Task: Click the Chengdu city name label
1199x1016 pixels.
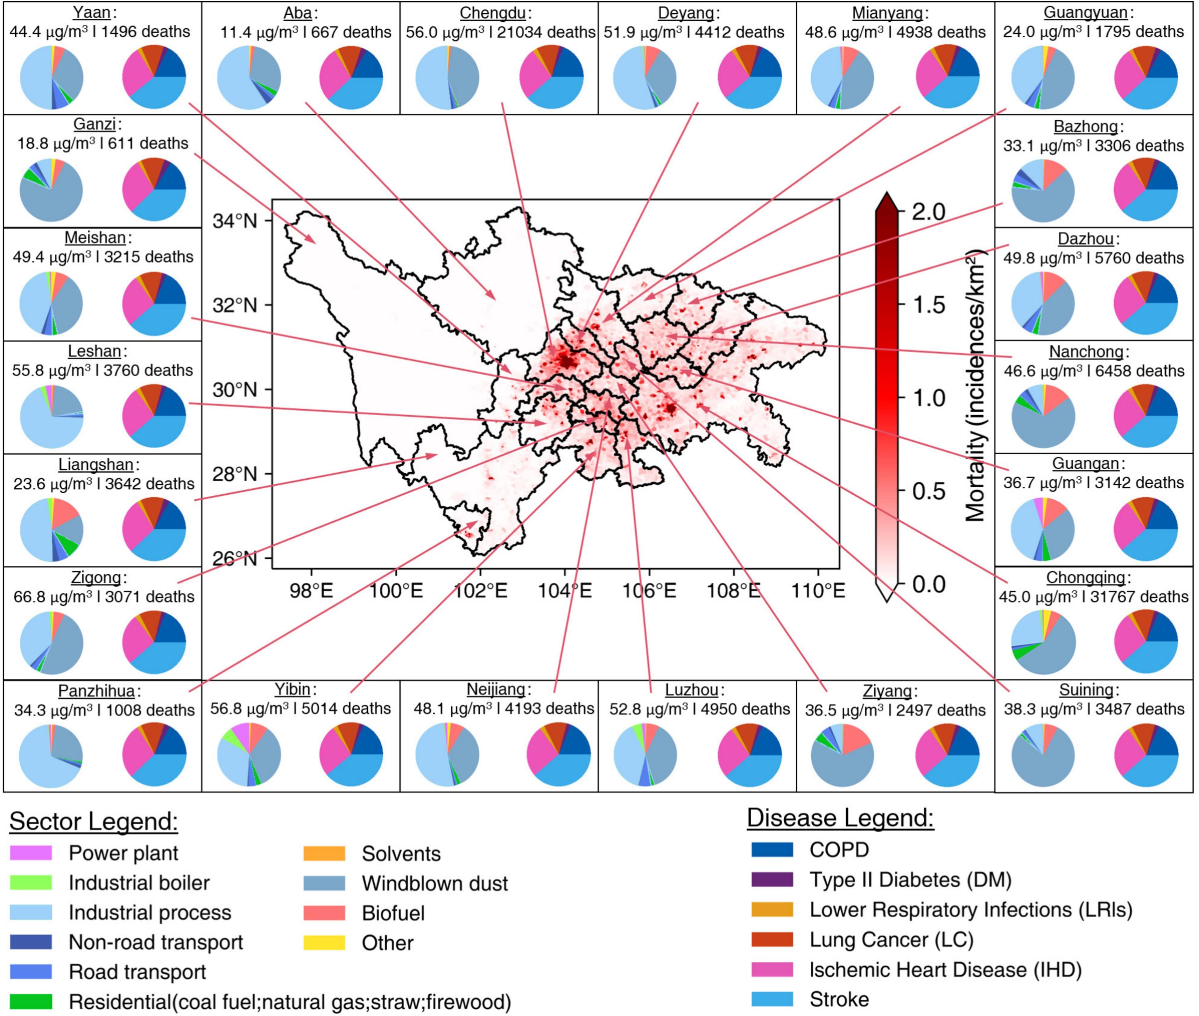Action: [x=492, y=13]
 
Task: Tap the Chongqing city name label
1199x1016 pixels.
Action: [x=1086, y=577]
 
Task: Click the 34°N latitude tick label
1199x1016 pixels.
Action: [x=234, y=221]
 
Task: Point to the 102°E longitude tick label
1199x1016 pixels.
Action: [x=480, y=590]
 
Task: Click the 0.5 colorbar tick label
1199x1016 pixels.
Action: [x=928, y=491]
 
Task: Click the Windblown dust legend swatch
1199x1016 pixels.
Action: [x=324, y=883]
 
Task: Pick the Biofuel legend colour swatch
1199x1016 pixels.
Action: [x=324, y=913]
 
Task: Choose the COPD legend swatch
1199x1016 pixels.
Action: [x=772, y=849]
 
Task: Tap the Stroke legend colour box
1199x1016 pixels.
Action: [x=772, y=999]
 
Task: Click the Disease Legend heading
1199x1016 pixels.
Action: [x=840, y=818]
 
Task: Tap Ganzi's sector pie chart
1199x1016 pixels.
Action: [x=51, y=190]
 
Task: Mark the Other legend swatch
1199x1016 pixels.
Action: [x=324, y=943]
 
